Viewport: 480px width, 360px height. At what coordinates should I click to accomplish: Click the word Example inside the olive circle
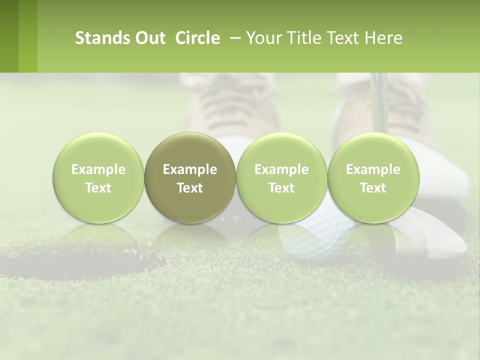coord(189,169)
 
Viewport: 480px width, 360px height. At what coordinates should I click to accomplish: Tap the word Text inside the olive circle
coord(189,188)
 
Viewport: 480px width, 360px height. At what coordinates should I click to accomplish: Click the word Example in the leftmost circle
coord(98,169)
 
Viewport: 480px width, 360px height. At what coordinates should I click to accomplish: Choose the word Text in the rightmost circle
coord(373,188)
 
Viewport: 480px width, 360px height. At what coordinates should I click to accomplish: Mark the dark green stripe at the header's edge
coord(9,36)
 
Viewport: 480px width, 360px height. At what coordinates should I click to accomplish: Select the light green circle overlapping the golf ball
coord(281,177)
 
